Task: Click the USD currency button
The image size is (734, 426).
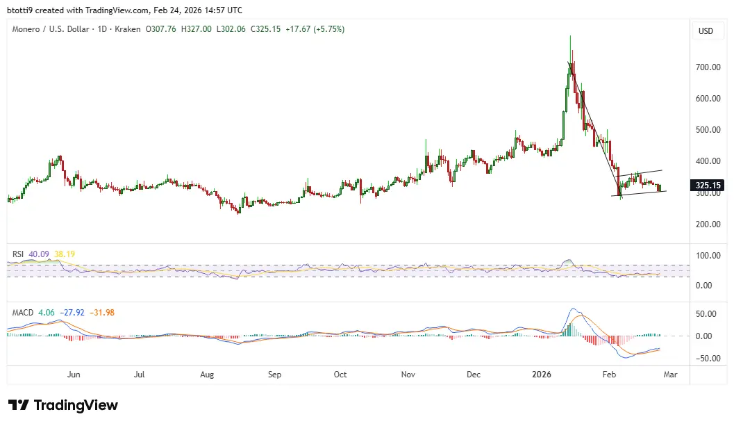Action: (706, 31)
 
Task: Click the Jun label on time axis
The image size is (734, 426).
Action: (74, 375)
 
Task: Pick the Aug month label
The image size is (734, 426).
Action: (207, 375)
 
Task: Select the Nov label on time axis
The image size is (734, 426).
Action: (408, 375)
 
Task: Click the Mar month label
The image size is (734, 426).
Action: (671, 375)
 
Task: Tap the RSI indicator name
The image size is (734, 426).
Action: (19, 254)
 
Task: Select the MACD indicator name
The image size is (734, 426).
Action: (22, 313)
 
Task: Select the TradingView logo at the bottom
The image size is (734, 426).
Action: (63, 405)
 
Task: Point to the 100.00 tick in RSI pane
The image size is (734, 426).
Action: (706, 256)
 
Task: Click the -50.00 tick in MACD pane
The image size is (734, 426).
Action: (706, 359)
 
